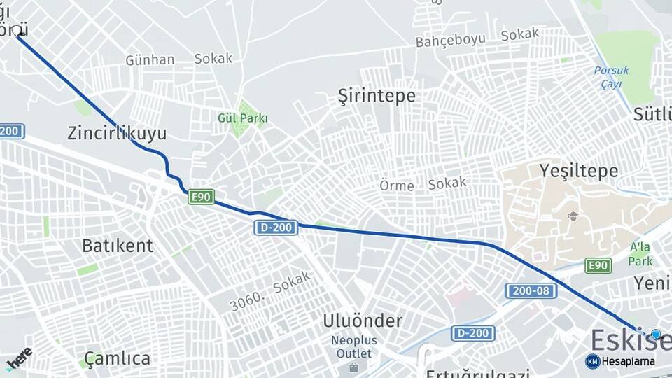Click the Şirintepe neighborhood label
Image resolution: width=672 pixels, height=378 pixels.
[x=377, y=95]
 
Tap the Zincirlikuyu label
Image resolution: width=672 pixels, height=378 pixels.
[x=117, y=133]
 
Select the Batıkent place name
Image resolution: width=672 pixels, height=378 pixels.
[x=117, y=246]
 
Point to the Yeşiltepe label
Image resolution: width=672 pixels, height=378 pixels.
[x=579, y=170]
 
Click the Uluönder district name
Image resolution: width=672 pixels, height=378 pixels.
[x=363, y=321]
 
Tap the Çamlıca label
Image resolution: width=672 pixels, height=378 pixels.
[x=117, y=358]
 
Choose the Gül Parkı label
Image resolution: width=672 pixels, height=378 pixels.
[x=243, y=118]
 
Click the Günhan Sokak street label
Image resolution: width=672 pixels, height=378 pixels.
[x=178, y=59]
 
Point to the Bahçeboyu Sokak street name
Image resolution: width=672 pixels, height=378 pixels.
[x=477, y=37]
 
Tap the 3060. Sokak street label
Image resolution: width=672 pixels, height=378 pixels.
[x=269, y=295]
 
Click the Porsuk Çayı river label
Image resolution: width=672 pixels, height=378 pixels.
[x=612, y=77]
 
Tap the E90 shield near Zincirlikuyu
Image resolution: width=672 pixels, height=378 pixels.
[x=201, y=197]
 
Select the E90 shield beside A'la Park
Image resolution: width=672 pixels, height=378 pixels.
[x=598, y=265]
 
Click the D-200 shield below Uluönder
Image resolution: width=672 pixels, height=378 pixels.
[x=472, y=333]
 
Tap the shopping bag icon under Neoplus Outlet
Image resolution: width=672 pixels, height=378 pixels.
[x=354, y=367]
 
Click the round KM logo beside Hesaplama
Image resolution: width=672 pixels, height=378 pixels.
[x=592, y=361]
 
